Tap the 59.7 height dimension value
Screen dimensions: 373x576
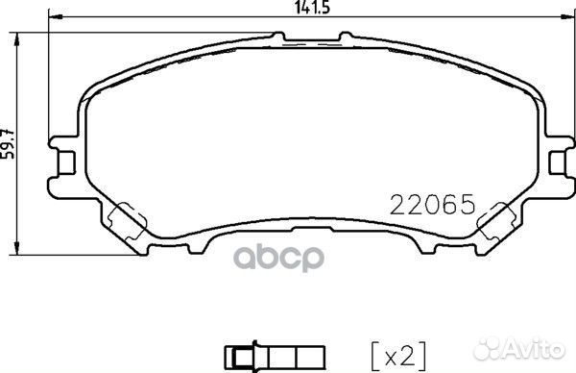pyautogui.click(x=10, y=144)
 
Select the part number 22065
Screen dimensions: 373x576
pyautogui.click(x=432, y=205)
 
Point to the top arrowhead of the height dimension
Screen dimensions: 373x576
pyautogui.click(x=21, y=36)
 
